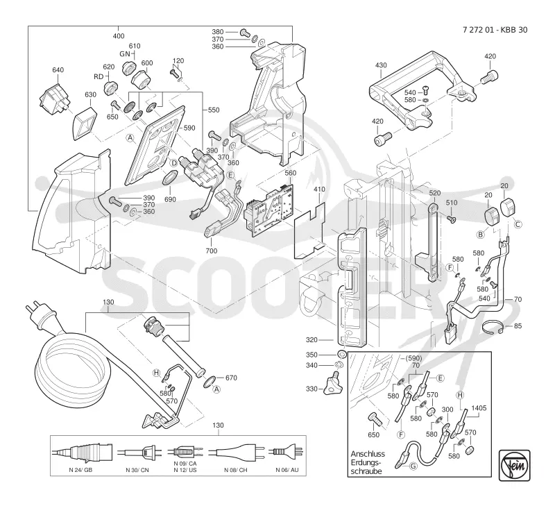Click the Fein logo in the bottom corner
click(514, 465)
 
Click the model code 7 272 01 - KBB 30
click(495, 30)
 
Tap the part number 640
click(58, 69)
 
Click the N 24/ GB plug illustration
click(82, 452)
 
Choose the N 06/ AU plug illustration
click(286, 451)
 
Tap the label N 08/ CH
click(236, 470)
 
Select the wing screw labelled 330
click(334, 387)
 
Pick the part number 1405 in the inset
click(479, 408)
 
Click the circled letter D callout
click(174, 163)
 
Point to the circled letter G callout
click(413, 466)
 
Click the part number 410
click(319, 189)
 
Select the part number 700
click(212, 251)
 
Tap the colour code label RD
click(99, 76)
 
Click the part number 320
click(311, 340)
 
